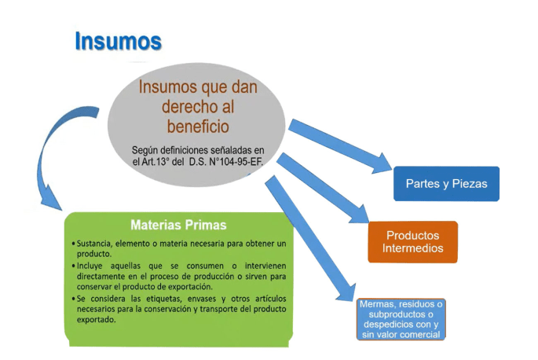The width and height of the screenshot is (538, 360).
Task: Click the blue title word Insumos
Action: [119, 41]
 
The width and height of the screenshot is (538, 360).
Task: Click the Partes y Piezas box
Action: [446, 183]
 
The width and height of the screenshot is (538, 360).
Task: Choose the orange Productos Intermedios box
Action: [412, 242]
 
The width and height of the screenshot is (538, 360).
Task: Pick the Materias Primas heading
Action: [179, 225]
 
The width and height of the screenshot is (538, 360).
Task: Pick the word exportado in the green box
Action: [97, 321]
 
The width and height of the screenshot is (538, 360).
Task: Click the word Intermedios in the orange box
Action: [412, 248]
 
